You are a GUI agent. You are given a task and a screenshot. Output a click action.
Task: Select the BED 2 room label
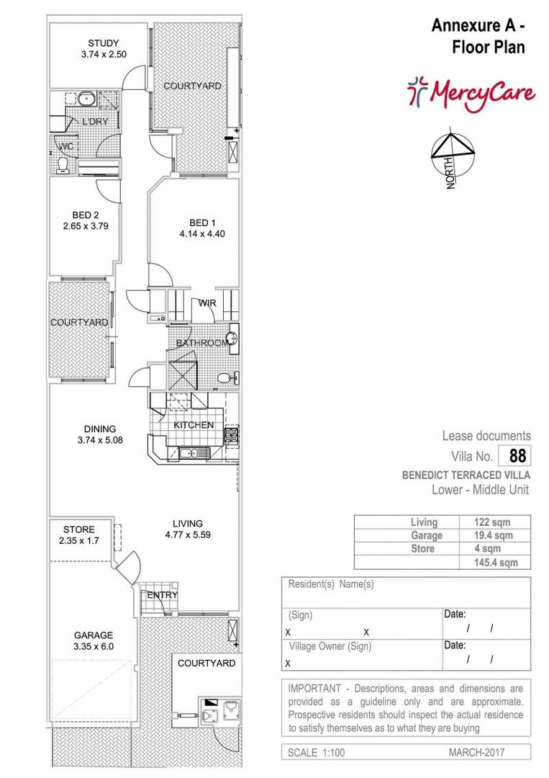click(x=85, y=215)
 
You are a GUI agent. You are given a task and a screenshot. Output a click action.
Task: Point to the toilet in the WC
click(x=63, y=166)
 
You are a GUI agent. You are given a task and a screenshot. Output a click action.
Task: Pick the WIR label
click(x=207, y=303)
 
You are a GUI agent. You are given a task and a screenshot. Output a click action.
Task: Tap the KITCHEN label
click(x=193, y=425)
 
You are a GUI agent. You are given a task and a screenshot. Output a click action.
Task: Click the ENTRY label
click(x=161, y=595)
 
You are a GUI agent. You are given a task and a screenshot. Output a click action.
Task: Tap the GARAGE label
click(x=94, y=635)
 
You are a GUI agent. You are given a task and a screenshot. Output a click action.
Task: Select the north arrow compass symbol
click(x=450, y=152)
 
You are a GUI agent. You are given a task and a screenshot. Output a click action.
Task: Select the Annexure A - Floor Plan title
click(x=478, y=37)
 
